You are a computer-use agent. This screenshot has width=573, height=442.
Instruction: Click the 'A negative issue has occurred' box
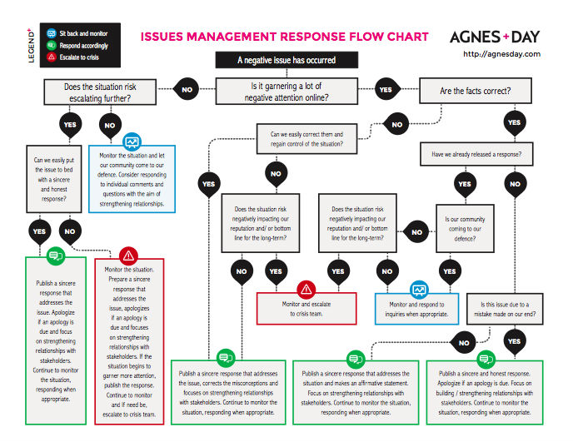coord(286,60)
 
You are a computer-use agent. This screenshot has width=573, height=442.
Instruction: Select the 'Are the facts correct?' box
coord(476,91)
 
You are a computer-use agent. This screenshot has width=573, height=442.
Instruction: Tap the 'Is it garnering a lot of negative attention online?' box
coord(286,92)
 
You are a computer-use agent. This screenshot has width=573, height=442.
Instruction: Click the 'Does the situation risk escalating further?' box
coord(100,92)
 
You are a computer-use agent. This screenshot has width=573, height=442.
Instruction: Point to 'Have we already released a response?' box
coord(476,154)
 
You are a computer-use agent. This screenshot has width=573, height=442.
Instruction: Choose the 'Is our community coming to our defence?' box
coord(465,229)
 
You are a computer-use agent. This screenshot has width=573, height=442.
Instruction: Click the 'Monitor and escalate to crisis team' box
coord(306,309)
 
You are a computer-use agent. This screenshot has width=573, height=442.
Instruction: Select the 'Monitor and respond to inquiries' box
coord(416,309)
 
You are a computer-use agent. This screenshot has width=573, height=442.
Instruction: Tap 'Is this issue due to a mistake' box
coord(505,309)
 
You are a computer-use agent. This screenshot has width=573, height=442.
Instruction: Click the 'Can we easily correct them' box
coord(306,139)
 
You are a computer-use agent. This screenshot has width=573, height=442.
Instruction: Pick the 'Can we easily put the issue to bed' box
coord(54,179)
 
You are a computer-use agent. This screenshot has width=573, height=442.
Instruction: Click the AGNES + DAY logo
coord(495,37)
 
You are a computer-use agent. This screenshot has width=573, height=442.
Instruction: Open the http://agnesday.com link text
coord(501,54)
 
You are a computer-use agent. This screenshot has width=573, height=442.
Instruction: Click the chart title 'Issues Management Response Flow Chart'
coord(284,37)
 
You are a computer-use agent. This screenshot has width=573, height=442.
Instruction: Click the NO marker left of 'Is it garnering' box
coord(187,90)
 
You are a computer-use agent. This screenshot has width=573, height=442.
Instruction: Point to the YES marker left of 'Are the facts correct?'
coord(386,90)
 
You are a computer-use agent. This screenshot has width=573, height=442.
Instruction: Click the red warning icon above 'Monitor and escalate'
coord(306,290)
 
